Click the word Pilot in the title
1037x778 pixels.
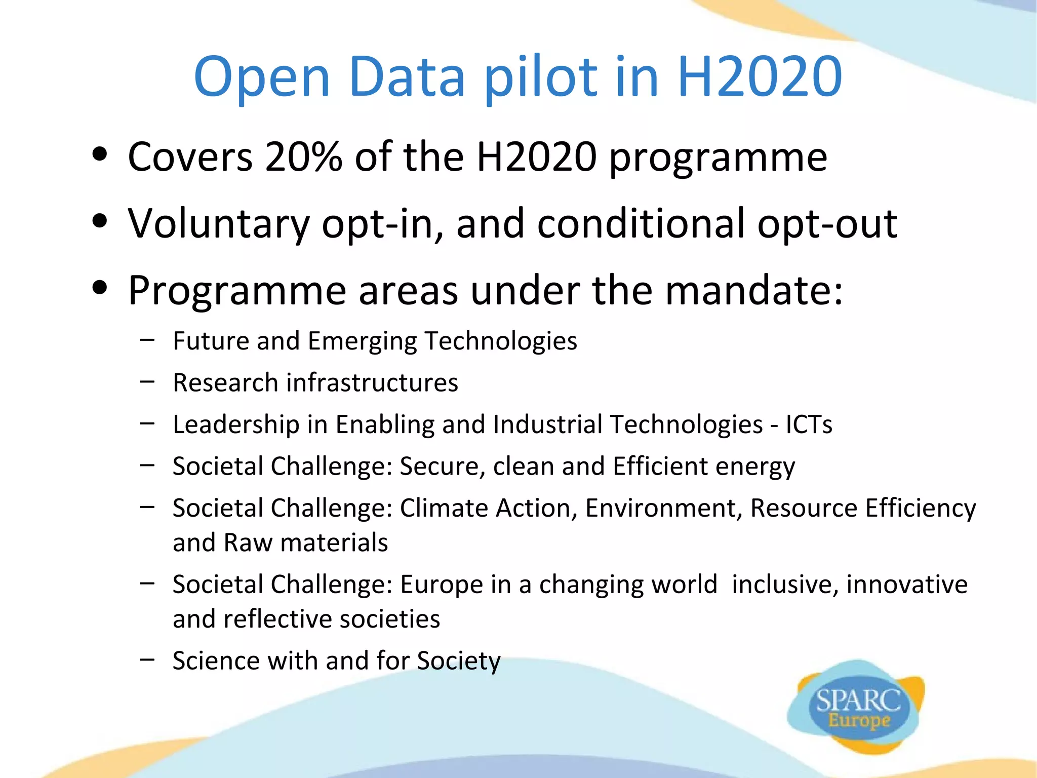pos(541,77)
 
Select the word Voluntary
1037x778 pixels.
pos(218,223)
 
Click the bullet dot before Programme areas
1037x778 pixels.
pos(100,288)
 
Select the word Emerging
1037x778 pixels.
pos(362,341)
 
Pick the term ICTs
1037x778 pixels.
pos(809,424)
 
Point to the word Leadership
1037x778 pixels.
pos(236,424)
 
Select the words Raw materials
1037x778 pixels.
pos(306,542)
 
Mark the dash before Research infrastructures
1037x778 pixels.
pos(147,382)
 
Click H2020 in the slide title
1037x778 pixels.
pos(760,77)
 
